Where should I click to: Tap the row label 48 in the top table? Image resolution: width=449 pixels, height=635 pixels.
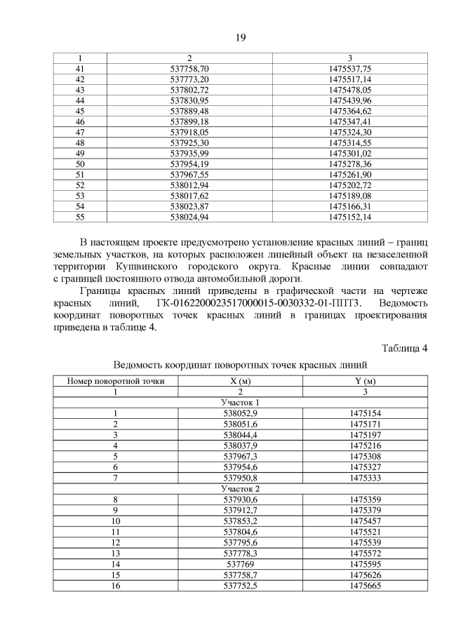(x=79, y=142)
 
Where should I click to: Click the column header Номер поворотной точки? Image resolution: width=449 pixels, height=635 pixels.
(x=116, y=381)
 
